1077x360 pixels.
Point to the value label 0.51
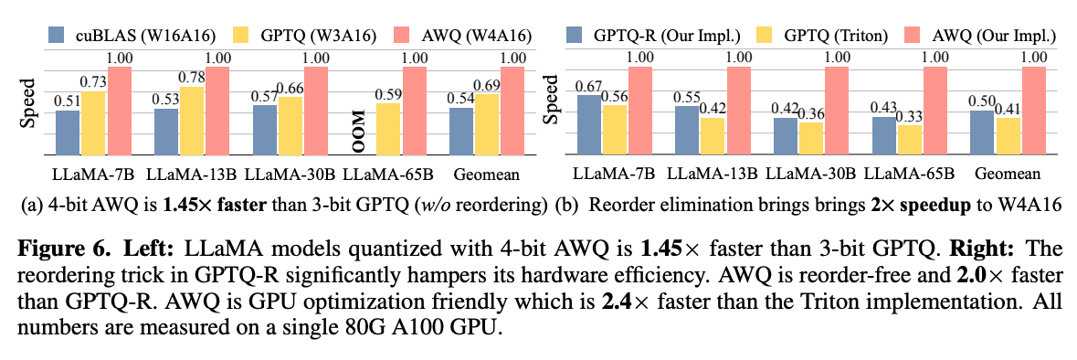(x=68, y=101)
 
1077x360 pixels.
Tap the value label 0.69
(x=487, y=85)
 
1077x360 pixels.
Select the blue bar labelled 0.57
(x=264, y=129)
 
